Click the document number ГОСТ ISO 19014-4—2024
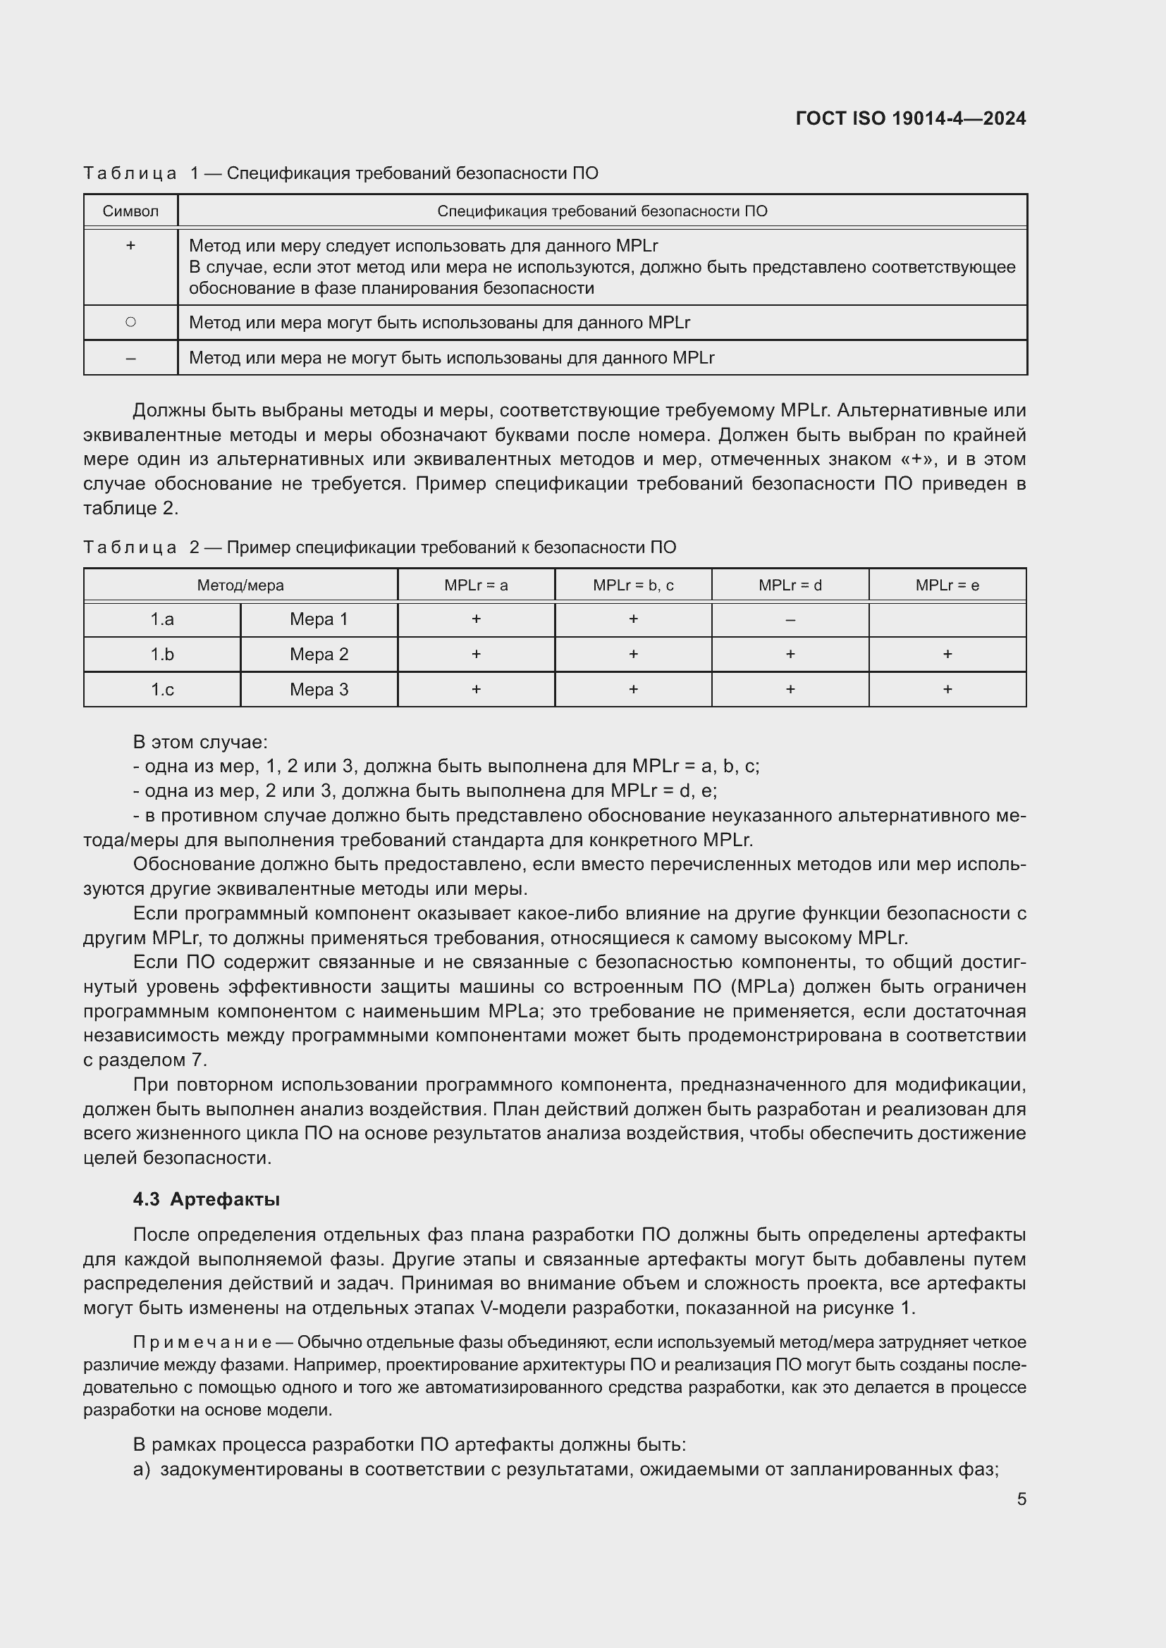coord(910,118)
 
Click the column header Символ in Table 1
coord(130,211)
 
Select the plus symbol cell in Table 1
coord(130,245)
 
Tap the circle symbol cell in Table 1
coord(130,322)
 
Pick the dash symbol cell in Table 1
coord(130,357)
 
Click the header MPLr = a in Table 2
coord(475,585)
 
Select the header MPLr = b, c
coord(632,585)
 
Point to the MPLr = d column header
coord(790,585)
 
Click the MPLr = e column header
coord(947,585)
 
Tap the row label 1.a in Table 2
coord(161,619)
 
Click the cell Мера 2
coord(319,655)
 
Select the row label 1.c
coord(161,690)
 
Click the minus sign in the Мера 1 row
coord(790,619)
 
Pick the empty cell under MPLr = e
coord(947,619)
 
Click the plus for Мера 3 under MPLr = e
coord(947,690)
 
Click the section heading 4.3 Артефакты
coord(206,1199)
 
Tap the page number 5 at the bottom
coord(1021,1499)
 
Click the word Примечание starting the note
coord(202,1342)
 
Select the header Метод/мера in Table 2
coord(240,585)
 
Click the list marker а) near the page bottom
coord(142,1469)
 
